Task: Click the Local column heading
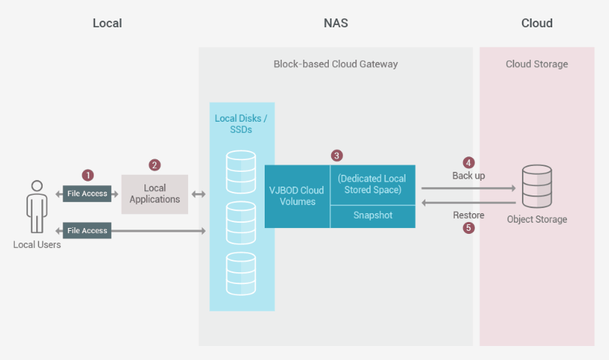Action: click(x=107, y=24)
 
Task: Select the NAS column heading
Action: click(x=336, y=24)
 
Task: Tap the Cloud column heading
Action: click(x=537, y=24)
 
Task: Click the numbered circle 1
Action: click(x=88, y=176)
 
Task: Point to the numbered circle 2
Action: click(x=155, y=165)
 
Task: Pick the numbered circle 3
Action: click(x=337, y=156)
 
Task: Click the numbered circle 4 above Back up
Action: click(x=468, y=162)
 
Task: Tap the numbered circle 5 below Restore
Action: click(x=468, y=227)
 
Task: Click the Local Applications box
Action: click(x=155, y=194)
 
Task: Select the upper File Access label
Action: click(x=87, y=193)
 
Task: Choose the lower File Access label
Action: click(x=87, y=231)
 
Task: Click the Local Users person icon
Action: click(x=37, y=207)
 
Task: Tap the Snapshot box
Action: click(x=373, y=216)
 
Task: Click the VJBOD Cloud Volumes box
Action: click(x=297, y=196)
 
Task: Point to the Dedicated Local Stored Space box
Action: click(x=373, y=184)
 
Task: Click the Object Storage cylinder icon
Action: click(x=537, y=186)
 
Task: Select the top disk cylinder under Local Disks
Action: click(x=241, y=172)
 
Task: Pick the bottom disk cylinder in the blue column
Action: click(x=241, y=274)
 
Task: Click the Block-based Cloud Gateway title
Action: click(x=335, y=64)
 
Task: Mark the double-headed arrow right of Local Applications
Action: click(x=198, y=194)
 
